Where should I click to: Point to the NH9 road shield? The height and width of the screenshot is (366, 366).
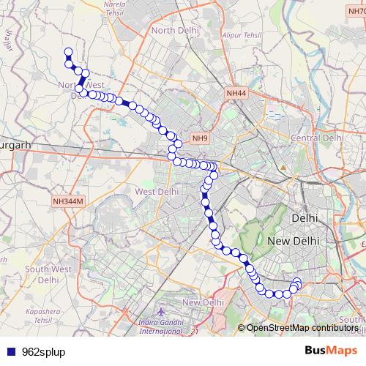(199, 138)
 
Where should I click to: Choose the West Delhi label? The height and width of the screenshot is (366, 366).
(157, 192)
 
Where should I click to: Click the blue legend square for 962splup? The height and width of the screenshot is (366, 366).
(11, 352)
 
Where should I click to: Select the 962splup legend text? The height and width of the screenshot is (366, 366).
(43, 352)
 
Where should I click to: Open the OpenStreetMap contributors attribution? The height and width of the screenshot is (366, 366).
(302, 328)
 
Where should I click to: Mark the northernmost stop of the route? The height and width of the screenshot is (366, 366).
(68, 52)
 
